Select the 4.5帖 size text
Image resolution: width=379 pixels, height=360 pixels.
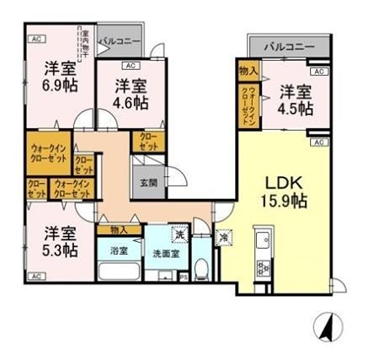pos(295,109)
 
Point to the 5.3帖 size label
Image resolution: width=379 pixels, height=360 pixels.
pos(54,250)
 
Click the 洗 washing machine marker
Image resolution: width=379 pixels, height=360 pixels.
pos(179,234)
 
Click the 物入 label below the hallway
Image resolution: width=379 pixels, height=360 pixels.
pos(118,230)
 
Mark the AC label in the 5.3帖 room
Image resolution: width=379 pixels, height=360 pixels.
pos(36,276)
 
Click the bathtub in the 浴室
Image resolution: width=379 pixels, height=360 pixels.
pos(119,274)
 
